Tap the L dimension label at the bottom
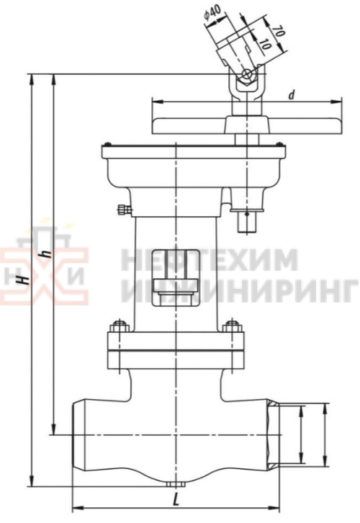point(177,497)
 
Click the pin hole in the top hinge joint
point(246,75)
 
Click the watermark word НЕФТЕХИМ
point(209,260)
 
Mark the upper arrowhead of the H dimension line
point(32,78)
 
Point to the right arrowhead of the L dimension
point(279,505)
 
